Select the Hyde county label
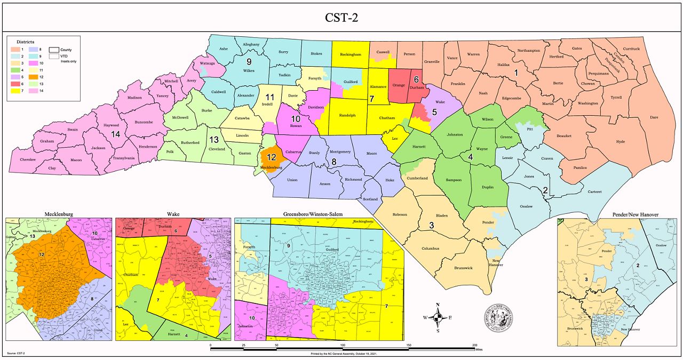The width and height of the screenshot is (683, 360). [x=620, y=141]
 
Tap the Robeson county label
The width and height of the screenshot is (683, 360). [x=400, y=214]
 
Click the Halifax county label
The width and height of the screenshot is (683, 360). [x=496, y=64]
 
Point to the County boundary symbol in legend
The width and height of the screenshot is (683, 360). [x=53, y=49]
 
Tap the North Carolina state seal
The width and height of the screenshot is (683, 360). [x=498, y=318]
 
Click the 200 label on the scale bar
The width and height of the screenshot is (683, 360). [x=474, y=346]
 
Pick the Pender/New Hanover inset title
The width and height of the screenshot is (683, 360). [x=617, y=214]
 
